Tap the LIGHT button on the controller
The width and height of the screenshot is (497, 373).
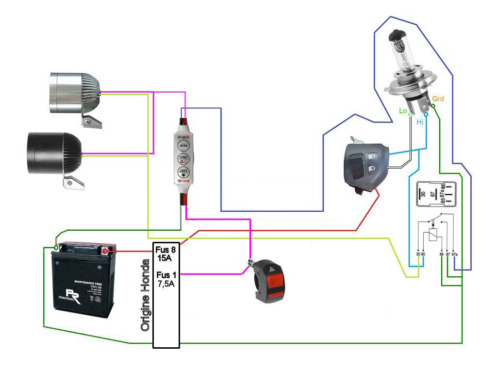[183, 171]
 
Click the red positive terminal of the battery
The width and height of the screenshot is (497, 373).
[104, 251]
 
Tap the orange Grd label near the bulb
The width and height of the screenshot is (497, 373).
[438, 99]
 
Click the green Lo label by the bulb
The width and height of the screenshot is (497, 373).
[403, 111]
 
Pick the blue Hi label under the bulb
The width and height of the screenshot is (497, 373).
[420, 122]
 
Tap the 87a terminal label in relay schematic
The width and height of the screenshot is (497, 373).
[455, 254]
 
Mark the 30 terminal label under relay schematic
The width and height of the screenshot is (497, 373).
[418, 254]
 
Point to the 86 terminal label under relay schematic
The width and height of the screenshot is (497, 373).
[441, 254]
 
